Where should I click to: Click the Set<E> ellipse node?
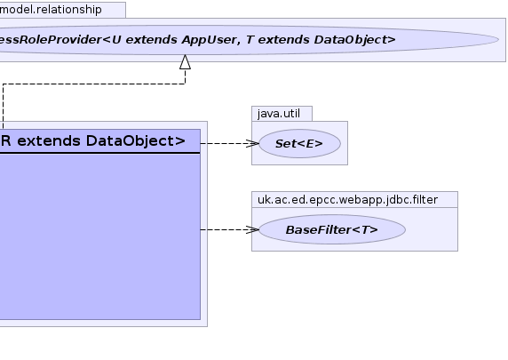pyautogui.click(x=299, y=143)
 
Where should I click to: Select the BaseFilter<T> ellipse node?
pyautogui.click(x=332, y=229)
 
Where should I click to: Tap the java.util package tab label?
pyautogui.click(x=279, y=114)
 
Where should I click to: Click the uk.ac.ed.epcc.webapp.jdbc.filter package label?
pyautogui.click(x=347, y=200)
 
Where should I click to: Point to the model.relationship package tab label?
pyautogui.click(x=51, y=10)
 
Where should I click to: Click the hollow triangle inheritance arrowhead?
pyautogui.click(x=185, y=61)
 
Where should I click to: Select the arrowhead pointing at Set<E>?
pyautogui.click(x=253, y=143)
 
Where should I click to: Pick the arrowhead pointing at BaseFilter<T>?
pyautogui.click(x=253, y=229)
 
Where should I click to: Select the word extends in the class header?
pyautogui.click(x=49, y=141)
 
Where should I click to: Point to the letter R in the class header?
pyautogui.click(x=6, y=141)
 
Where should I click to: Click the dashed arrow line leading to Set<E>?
pyautogui.click(x=230, y=143)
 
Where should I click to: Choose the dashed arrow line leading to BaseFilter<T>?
pyautogui.click(x=230, y=229)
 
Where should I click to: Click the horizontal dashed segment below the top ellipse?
pyautogui.click(x=94, y=84)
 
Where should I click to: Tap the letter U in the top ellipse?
pyautogui.click(x=116, y=40)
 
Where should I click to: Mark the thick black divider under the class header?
pyautogui.click(x=100, y=153)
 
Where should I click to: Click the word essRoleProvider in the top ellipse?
pyautogui.click(x=51, y=40)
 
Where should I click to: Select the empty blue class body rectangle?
pyautogui.click(x=100, y=236)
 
